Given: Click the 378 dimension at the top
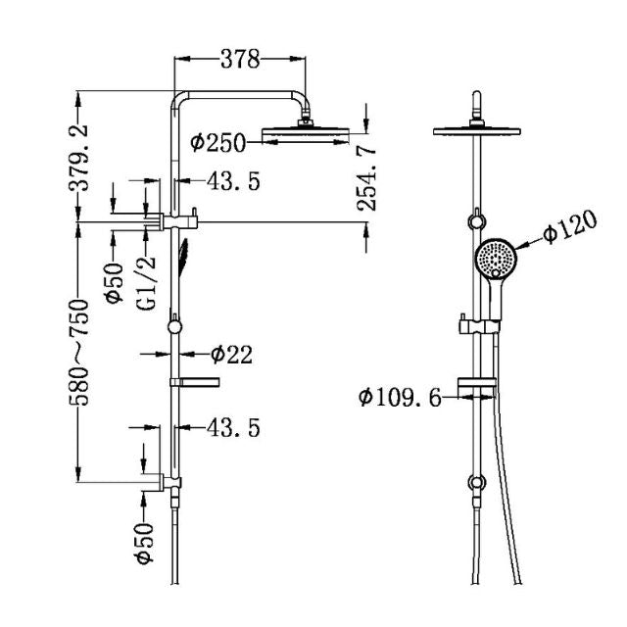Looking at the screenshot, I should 239,60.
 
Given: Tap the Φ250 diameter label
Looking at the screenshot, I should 218,143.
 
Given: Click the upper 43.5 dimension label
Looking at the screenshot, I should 232,182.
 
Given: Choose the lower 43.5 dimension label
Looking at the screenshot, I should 232,428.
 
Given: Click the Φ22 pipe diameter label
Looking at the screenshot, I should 231,355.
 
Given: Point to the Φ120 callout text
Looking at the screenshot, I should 569,232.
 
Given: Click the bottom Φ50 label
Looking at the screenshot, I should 144,543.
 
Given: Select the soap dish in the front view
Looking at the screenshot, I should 476,383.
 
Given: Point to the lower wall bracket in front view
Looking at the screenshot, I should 477,483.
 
